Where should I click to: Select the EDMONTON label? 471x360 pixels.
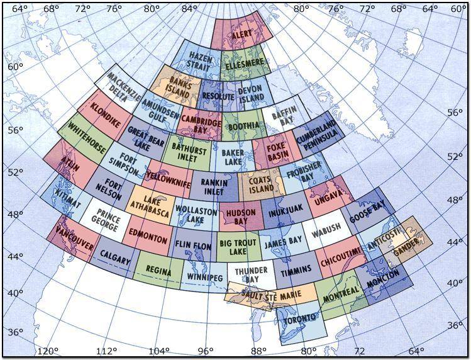pos(148,240)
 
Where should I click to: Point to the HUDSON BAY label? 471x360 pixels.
pos(240,217)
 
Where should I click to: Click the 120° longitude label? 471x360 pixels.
pos(48,351)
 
